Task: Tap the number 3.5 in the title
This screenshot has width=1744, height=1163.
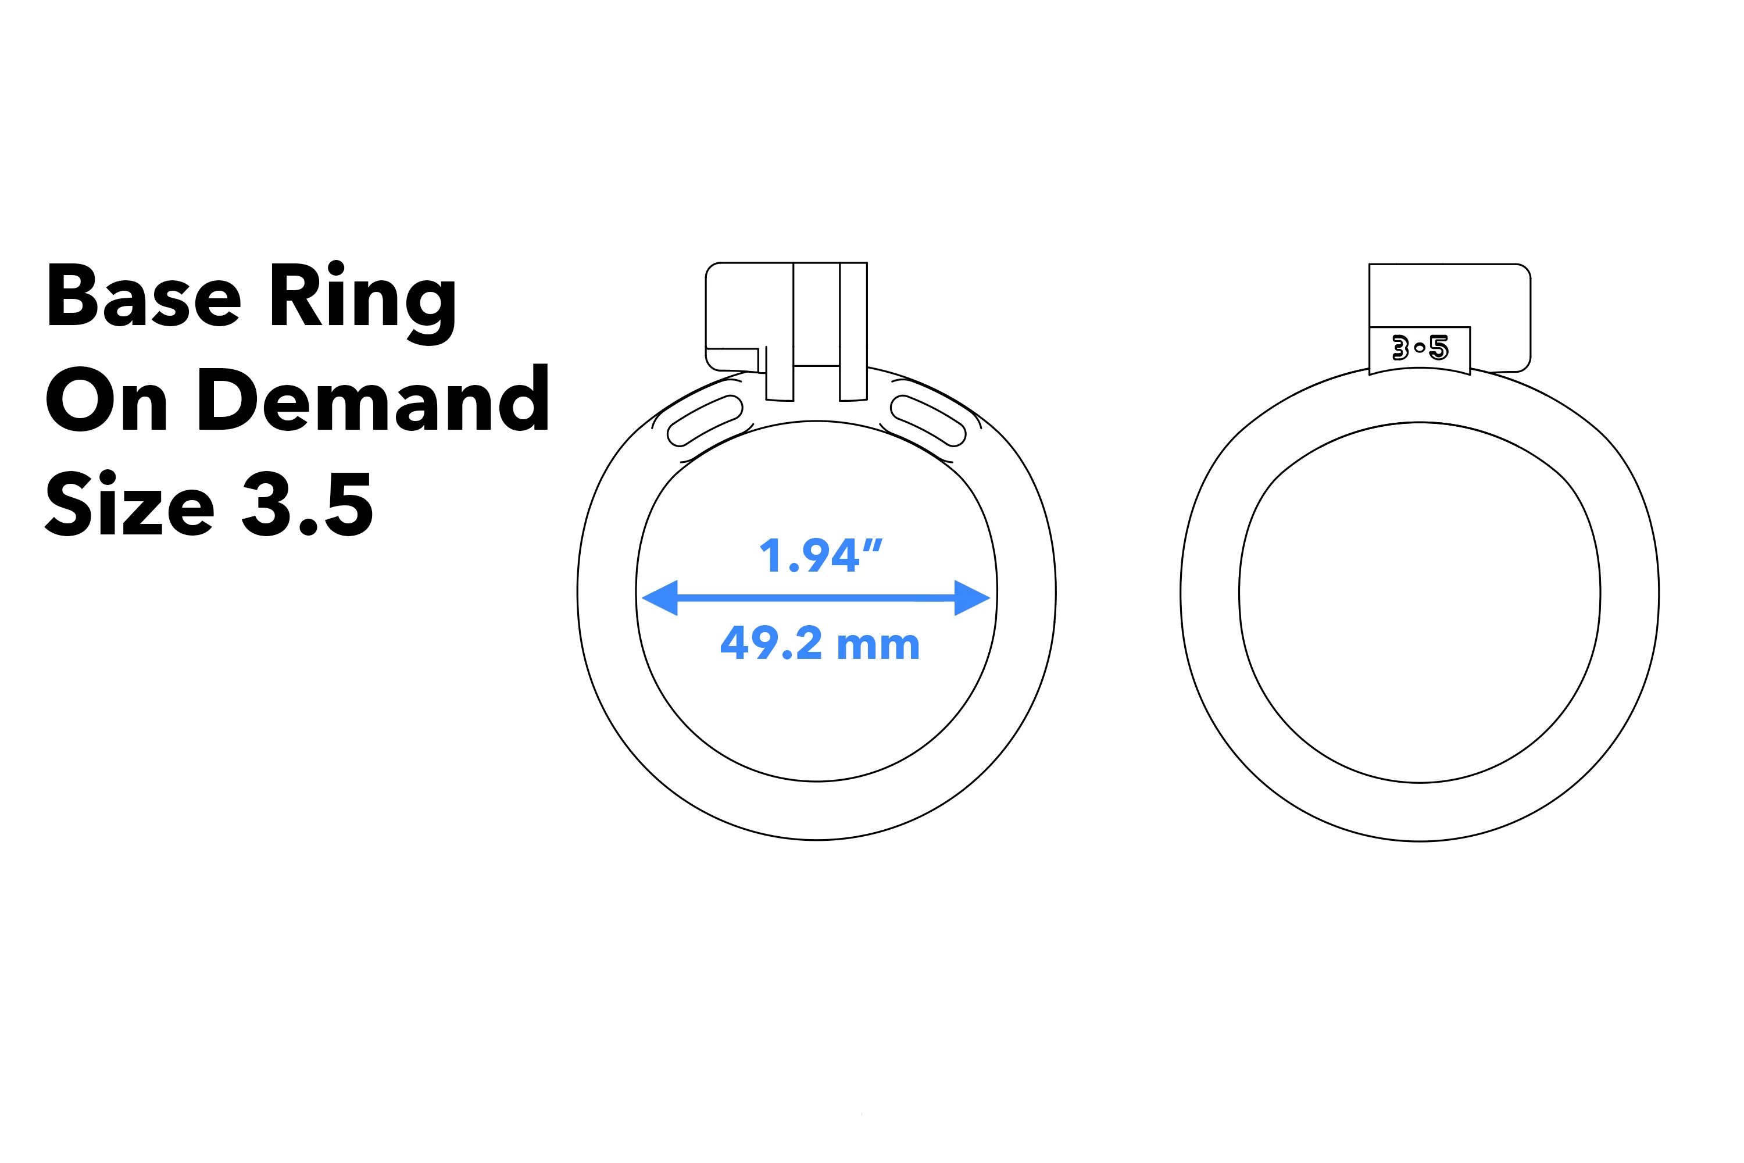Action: tap(307, 504)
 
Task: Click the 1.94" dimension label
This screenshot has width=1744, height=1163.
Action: tap(821, 555)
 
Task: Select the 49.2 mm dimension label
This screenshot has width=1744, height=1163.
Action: tap(819, 643)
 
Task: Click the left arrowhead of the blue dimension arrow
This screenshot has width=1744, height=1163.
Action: tap(660, 598)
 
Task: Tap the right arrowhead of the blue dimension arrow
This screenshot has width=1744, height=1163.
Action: tap(971, 598)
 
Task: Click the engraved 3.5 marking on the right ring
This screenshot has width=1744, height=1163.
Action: tap(1419, 348)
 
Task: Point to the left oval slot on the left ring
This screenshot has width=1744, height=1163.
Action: tap(705, 420)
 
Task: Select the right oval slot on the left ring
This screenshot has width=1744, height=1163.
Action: tap(928, 420)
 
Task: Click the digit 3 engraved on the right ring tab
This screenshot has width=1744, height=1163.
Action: tap(1400, 348)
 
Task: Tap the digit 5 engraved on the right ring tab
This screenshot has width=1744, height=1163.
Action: tap(1438, 348)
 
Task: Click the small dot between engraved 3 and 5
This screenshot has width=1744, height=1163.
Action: tap(1419, 348)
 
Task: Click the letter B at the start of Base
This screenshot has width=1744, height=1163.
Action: tap(73, 295)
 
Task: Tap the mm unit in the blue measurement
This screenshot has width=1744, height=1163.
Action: tap(878, 645)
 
